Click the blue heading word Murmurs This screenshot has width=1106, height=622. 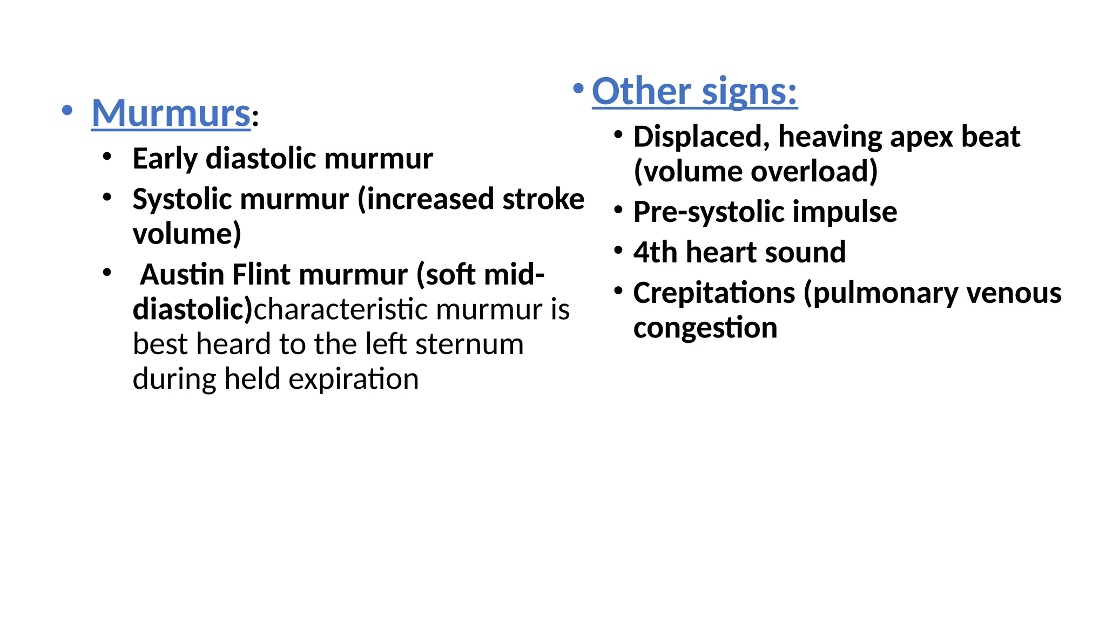point(171,113)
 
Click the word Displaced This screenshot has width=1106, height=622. point(702,137)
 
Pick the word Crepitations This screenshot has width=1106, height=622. point(713,293)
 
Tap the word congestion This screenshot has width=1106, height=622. point(705,328)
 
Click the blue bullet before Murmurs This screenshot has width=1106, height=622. point(67,111)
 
